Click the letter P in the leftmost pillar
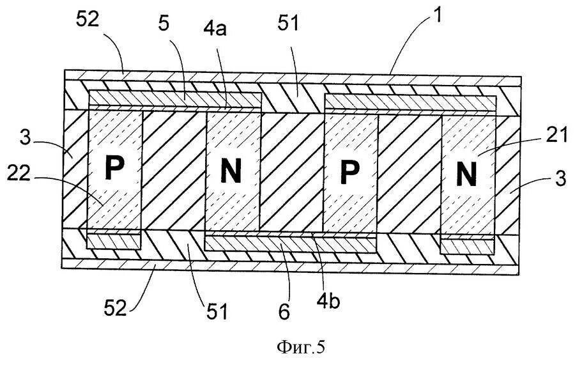coord(114,168)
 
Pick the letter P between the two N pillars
coord(350,169)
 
